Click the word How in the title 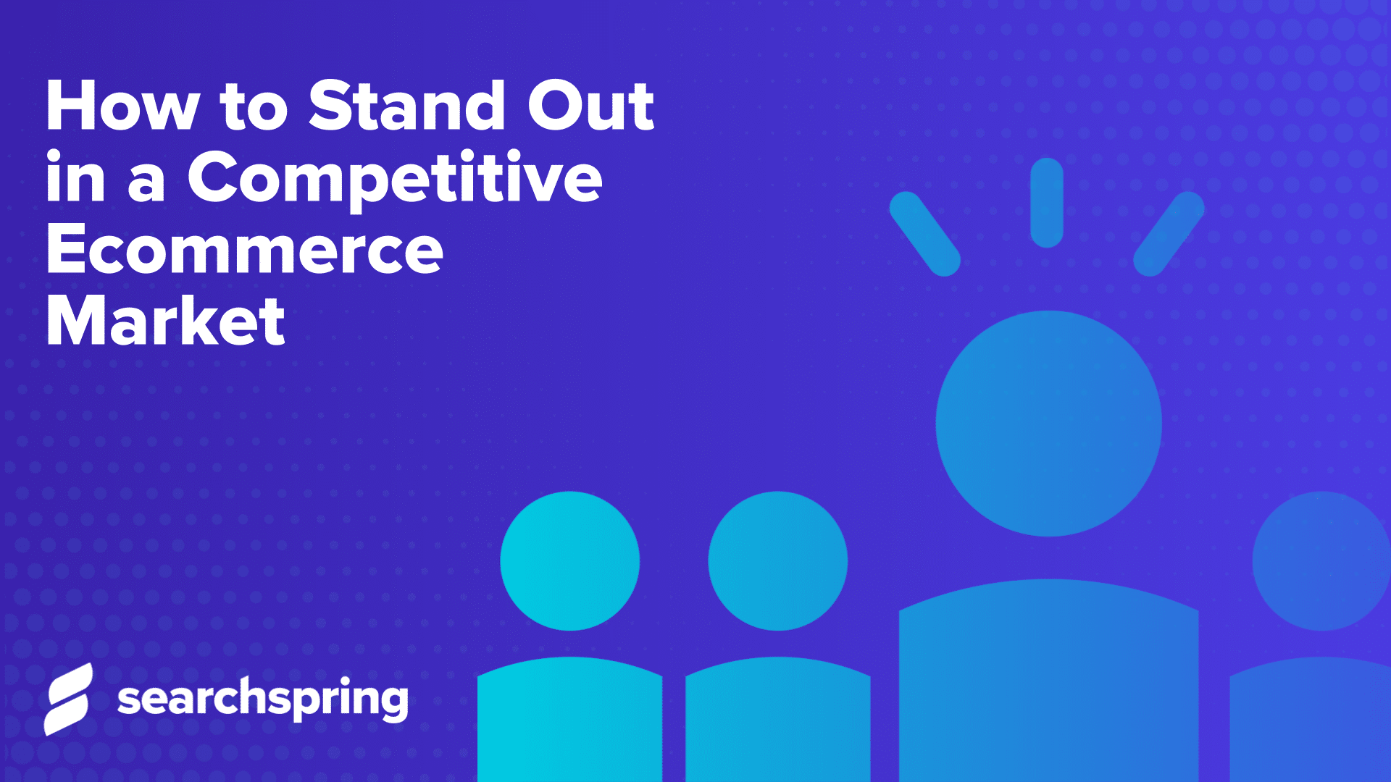coord(122,106)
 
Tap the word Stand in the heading coord(406,106)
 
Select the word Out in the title coord(590,106)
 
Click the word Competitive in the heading coord(395,179)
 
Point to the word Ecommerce coord(244,250)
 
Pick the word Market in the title coord(165,321)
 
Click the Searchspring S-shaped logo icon coord(68,699)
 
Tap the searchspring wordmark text coord(262,699)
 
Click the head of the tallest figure coord(1048,424)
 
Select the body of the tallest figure coord(1048,681)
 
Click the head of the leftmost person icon coord(569,561)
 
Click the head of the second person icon coord(777,561)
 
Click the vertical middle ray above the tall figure coord(1046,203)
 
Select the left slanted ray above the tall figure coord(924,233)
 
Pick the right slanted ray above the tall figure coord(1169,233)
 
